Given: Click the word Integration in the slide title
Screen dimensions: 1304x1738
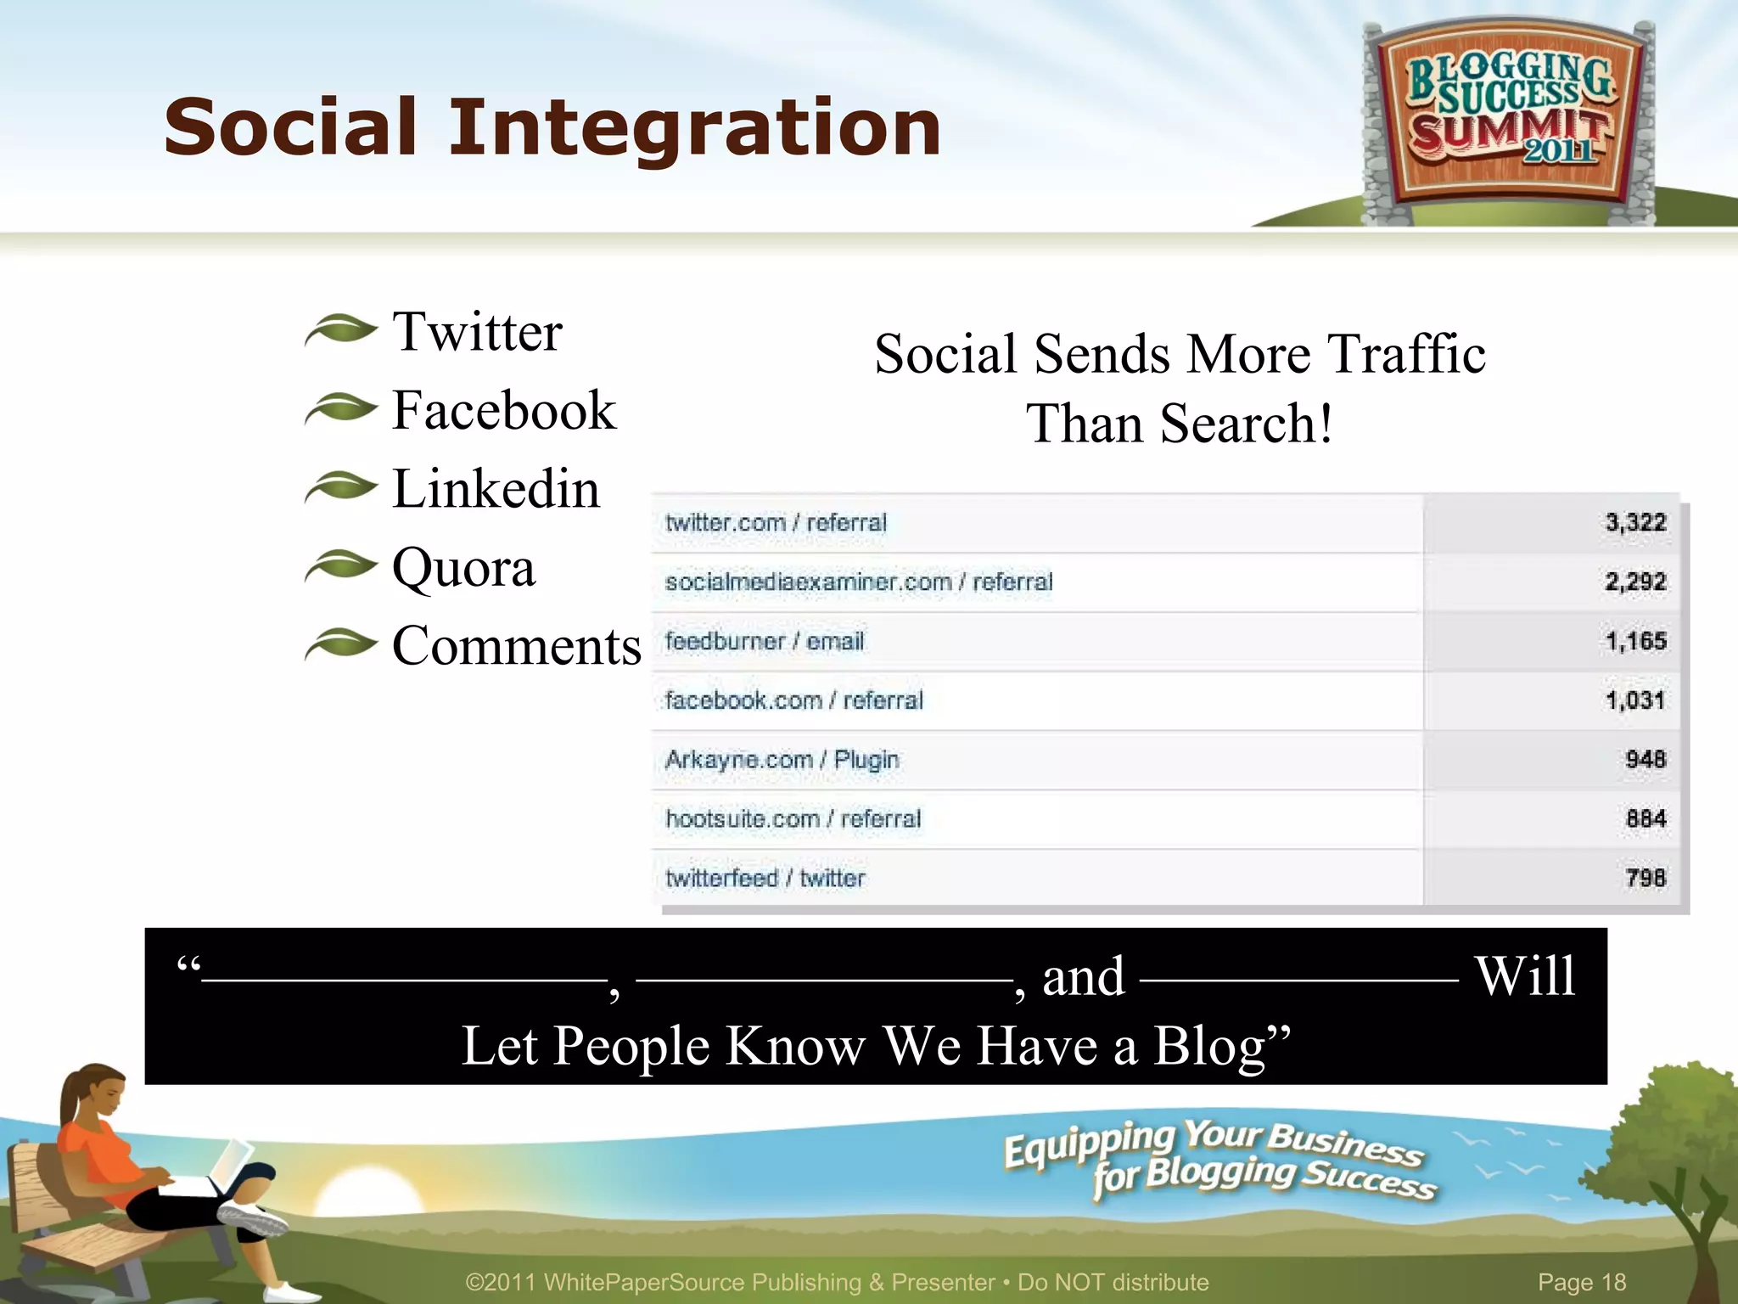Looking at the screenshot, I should coord(694,127).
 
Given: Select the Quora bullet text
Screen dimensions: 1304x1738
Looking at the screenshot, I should coord(463,567).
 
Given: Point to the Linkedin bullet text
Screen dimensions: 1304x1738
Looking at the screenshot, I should coord(496,489).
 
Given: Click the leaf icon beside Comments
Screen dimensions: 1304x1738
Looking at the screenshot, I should coord(340,645).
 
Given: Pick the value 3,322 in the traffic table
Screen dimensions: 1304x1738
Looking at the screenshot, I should coord(1635,522).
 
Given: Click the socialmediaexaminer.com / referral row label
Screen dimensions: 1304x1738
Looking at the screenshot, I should coord(858,582).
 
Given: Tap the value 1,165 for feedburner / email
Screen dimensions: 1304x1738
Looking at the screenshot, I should coord(1635,641).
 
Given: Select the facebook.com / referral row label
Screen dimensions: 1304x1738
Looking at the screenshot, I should coord(793,700).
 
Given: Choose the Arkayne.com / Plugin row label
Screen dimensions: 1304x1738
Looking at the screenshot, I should coord(782,760).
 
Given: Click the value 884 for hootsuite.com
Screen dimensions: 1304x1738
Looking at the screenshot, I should coord(1645,819).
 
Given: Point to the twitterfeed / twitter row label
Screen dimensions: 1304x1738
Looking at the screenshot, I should coord(765,878).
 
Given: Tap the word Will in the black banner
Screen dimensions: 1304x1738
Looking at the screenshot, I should coord(1525,975).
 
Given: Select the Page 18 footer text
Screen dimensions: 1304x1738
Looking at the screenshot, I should coord(1582,1282).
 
